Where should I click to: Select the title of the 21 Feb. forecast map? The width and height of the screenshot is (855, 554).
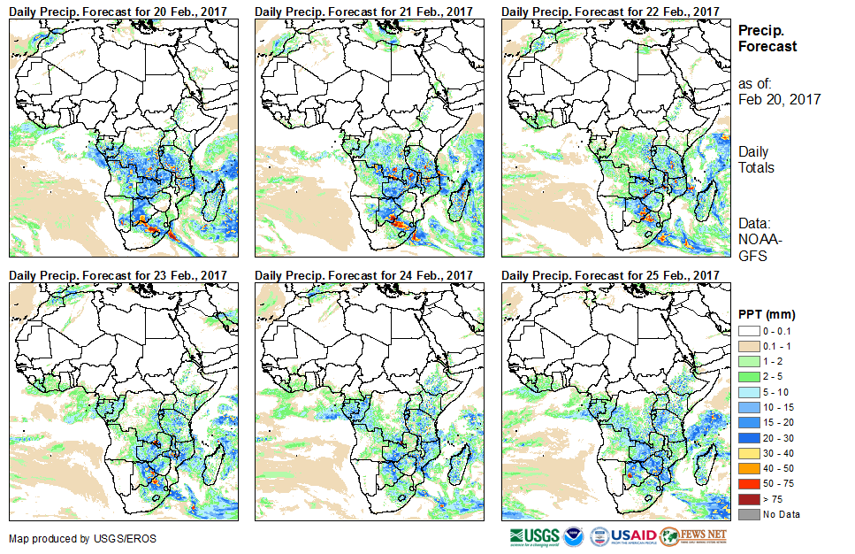pos(364,11)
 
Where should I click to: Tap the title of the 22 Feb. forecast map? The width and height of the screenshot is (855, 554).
pos(610,11)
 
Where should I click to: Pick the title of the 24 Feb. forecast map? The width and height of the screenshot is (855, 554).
pos(364,275)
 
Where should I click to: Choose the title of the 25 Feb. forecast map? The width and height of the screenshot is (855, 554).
pos(610,275)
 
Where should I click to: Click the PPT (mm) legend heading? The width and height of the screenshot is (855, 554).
pos(767,314)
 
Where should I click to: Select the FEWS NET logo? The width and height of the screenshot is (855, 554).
pos(695,536)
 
